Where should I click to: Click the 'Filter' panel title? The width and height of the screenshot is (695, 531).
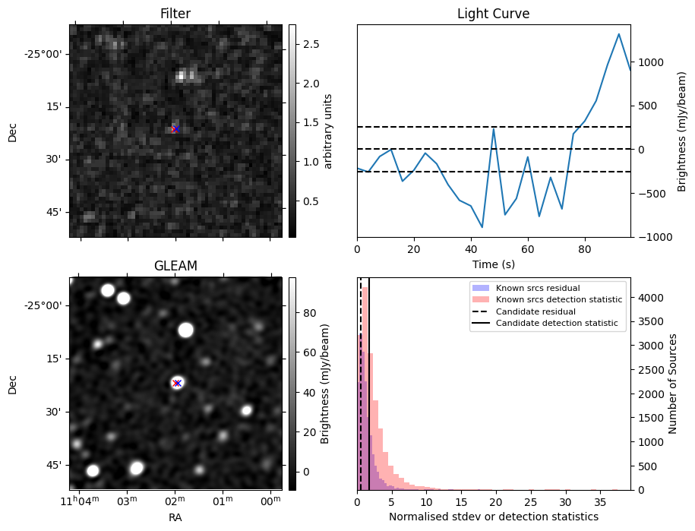175,14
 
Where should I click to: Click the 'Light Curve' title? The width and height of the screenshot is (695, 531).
493,14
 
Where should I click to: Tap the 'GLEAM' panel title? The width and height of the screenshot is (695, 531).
175,266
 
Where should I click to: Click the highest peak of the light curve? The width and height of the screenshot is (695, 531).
619,34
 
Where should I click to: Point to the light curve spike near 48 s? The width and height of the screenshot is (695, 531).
494,128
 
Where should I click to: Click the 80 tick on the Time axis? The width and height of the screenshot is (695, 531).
585,248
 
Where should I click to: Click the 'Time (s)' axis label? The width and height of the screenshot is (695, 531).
493,263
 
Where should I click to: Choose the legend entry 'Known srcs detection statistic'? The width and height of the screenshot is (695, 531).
559,300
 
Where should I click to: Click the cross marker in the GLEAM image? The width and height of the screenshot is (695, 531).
177,383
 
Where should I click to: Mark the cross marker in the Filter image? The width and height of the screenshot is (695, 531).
175,129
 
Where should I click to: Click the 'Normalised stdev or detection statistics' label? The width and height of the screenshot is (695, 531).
493,517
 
